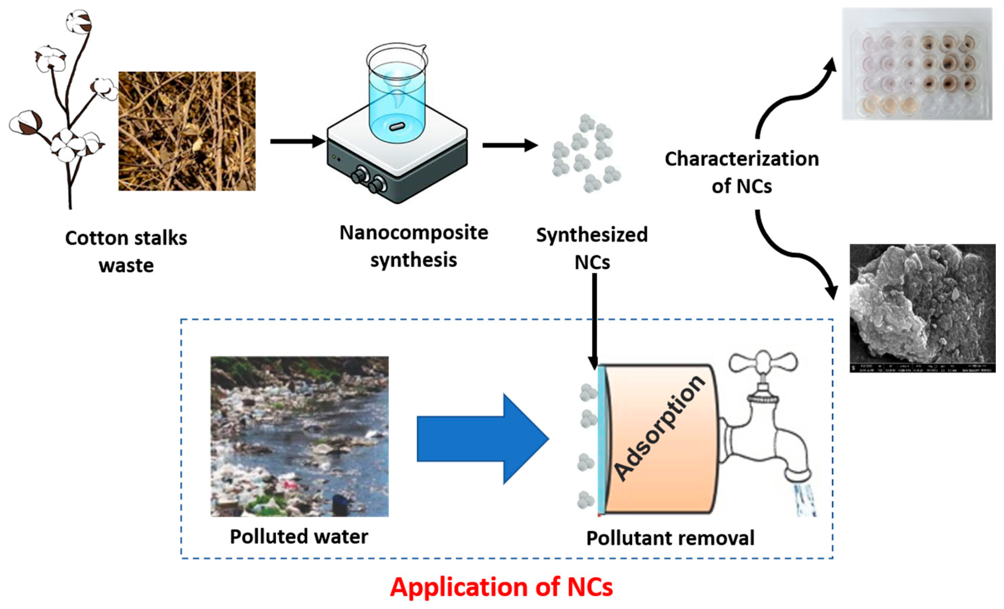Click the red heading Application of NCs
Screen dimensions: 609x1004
pos(501,587)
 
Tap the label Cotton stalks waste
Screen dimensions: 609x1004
pos(126,251)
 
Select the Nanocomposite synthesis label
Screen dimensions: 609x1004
pos(413,246)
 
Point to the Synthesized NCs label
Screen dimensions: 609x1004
pos(592,248)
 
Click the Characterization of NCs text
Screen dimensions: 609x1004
pos(742,172)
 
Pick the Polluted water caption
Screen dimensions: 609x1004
pos(299,537)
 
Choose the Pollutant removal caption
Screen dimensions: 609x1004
pos(670,538)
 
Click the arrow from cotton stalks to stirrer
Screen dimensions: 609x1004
pos(298,141)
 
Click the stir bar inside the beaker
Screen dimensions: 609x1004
pos(397,126)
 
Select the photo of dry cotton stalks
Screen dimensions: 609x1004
pos(187,131)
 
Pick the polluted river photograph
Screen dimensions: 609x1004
pos(299,436)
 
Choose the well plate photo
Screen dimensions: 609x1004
pos(917,64)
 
